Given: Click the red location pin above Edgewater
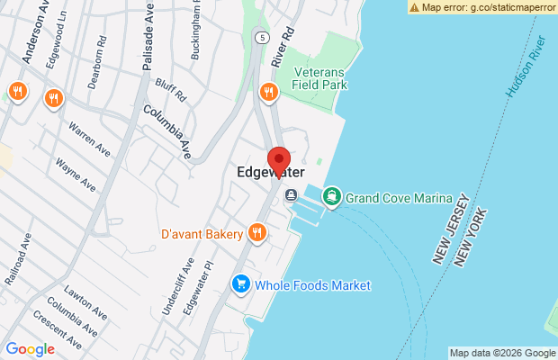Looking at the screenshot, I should [279, 159].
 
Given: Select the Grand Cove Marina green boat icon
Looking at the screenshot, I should [332, 195].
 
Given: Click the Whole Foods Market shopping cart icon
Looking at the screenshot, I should [240, 284].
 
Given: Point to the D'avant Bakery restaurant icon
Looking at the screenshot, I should [257, 234].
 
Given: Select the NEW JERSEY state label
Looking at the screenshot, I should [451, 229].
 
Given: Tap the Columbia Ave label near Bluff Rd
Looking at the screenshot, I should [168, 131].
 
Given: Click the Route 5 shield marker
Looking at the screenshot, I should [261, 38].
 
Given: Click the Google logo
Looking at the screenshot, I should [30, 349].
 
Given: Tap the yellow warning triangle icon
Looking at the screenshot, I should [414, 6].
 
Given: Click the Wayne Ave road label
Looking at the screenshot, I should [76, 174].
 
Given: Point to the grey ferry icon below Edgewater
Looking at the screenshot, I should [291, 195].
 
